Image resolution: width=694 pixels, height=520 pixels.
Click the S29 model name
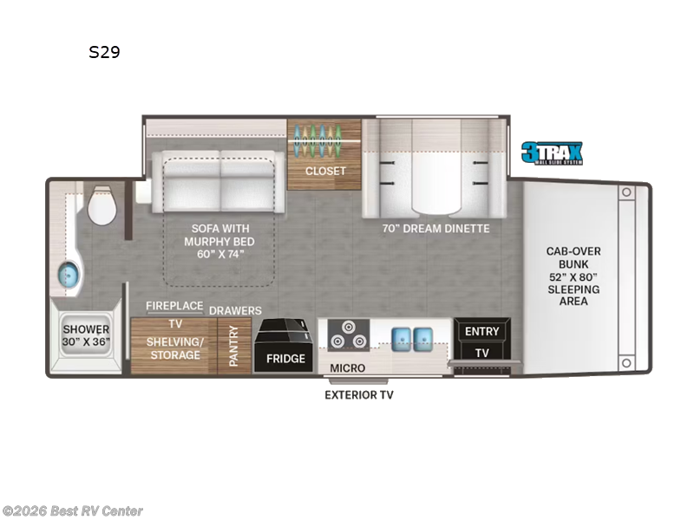pos(104,52)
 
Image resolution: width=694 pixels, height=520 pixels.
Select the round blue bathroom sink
pos(68,276)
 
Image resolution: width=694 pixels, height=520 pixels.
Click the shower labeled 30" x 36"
pos(85,336)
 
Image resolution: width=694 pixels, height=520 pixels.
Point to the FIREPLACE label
pos(173,306)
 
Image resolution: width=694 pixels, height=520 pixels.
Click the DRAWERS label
pos(235,310)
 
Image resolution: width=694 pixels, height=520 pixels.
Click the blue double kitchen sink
pos(411,336)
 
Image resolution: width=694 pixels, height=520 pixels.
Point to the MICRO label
pos(347,368)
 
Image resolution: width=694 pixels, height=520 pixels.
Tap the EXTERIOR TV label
pos(358,395)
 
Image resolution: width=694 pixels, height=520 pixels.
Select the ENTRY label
pos(482,331)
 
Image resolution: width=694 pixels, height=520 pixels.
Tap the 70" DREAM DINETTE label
pos(435,229)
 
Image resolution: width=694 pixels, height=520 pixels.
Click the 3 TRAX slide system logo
pos(552,153)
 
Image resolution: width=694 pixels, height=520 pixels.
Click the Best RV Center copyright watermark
pos(73,511)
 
